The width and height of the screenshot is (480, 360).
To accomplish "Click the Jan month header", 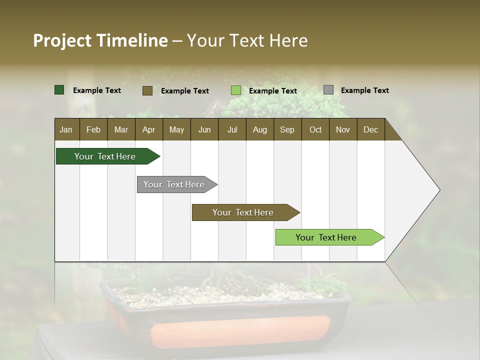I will [x=66, y=130].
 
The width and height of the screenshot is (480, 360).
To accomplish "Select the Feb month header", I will [x=93, y=130].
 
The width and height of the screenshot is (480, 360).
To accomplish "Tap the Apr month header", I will [x=148, y=130].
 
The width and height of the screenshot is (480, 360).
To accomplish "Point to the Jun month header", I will [x=204, y=130].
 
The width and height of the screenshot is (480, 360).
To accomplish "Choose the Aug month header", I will [x=259, y=130].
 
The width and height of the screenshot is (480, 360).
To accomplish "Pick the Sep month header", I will [x=287, y=130].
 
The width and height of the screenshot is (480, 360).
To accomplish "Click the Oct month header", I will [x=315, y=130].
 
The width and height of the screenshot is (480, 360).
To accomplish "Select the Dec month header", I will [x=370, y=130].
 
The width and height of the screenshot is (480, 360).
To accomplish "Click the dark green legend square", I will [x=59, y=90].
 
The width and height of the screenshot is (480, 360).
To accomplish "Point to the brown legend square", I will [x=147, y=90].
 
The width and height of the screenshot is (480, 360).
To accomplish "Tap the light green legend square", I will [x=236, y=90].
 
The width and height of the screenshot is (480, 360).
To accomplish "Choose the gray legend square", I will [x=328, y=90].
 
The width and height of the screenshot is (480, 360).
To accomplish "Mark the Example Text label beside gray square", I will [x=364, y=90].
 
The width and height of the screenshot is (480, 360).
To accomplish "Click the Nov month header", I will [x=342, y=130].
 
